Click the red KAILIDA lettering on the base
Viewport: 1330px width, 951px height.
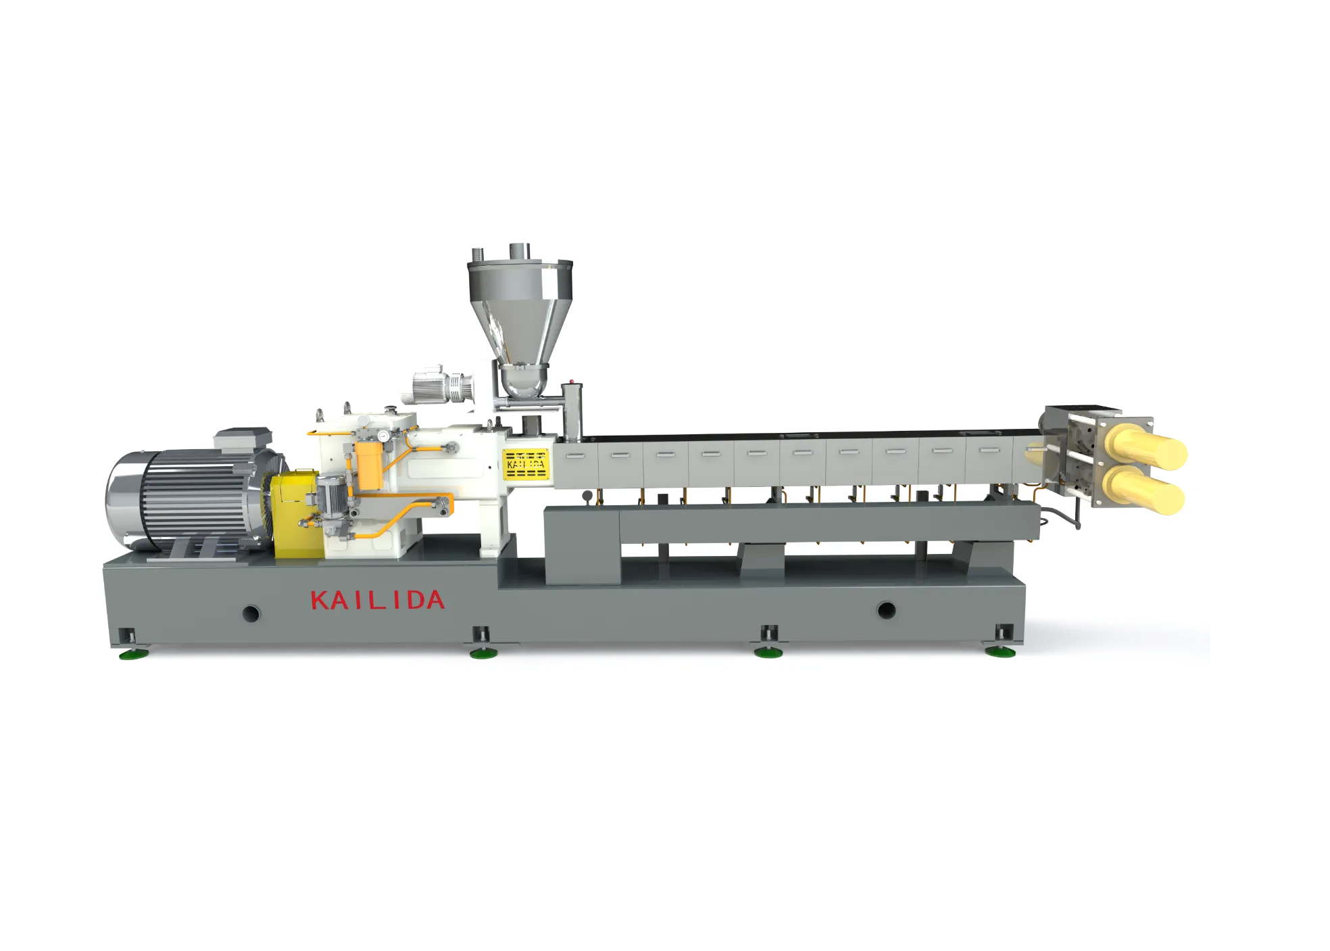[x=376, y=600]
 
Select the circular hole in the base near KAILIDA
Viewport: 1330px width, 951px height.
[x=251, y=613]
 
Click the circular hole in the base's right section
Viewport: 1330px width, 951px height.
[x=886, y=610]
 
